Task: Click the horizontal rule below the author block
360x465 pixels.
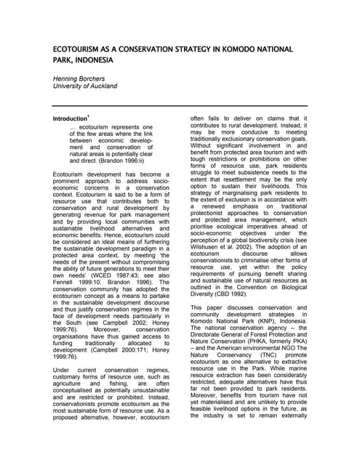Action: pos(180,106)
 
